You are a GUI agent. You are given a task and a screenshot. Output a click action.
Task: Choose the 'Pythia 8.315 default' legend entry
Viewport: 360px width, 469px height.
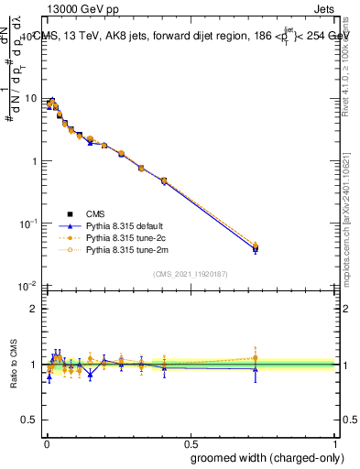pyautogui.click(x=124, y=224)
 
